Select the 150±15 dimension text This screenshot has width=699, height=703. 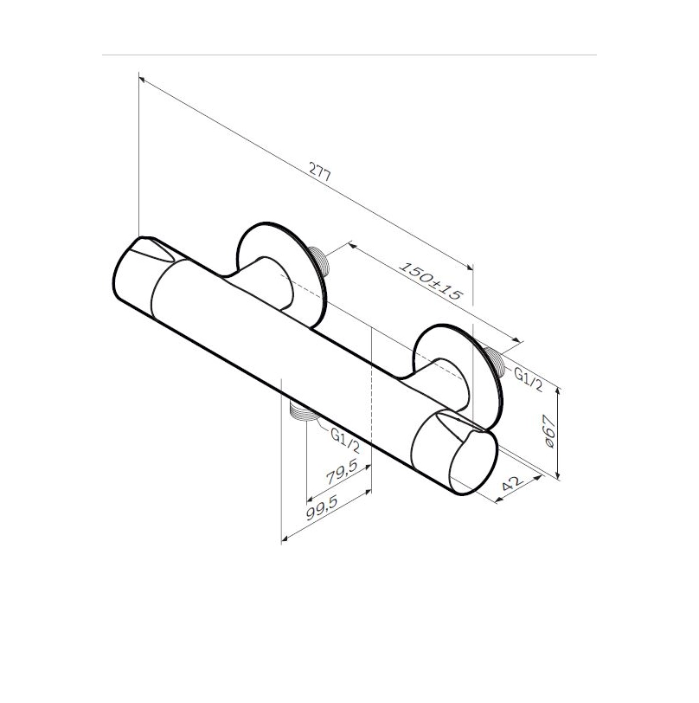[430, 281]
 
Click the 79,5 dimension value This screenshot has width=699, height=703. [342, 472]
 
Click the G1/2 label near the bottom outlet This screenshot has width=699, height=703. [345, 440]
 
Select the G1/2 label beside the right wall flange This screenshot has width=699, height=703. [529, 379]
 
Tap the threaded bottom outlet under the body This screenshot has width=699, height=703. [303, 410]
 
